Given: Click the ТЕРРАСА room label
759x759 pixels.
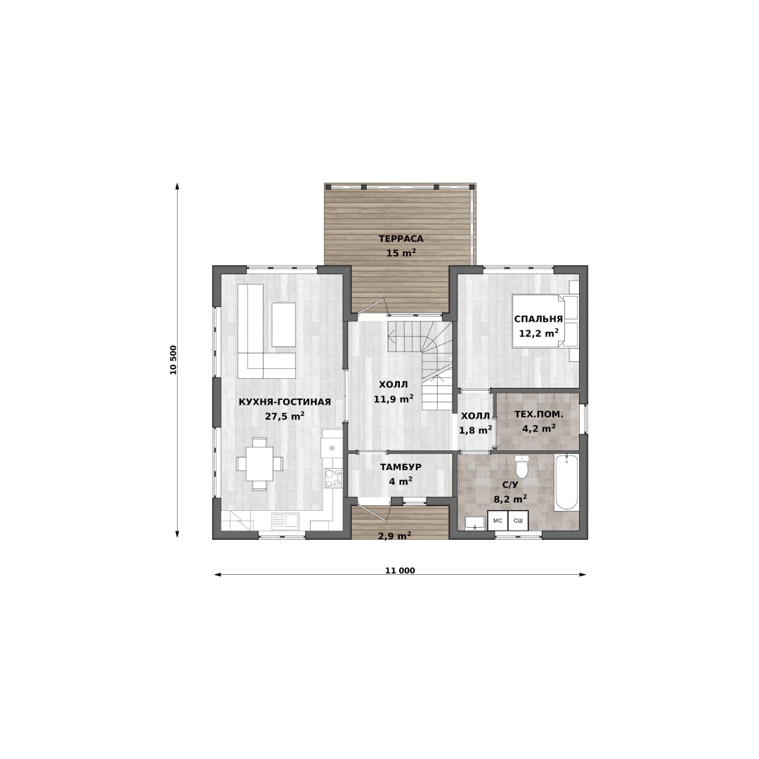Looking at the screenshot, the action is point(401,239).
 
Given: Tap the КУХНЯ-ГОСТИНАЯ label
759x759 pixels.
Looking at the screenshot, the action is point(285,402).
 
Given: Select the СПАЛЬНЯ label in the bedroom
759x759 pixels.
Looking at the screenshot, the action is point(538,319).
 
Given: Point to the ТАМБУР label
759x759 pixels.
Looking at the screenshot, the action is point(401,467).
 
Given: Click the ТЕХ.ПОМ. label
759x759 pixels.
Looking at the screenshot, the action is point(539,415).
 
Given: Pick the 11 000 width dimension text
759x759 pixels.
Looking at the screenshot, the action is point(400,570).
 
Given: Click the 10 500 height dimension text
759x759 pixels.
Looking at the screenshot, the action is point(174,360).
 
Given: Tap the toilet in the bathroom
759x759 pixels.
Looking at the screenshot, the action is point(521,467).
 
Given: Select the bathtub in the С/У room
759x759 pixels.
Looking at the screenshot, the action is point(566,481).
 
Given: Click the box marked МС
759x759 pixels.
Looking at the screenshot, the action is point(498,521).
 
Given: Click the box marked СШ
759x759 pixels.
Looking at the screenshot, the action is point(518,521).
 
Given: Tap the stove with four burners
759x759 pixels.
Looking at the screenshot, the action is point(333,479).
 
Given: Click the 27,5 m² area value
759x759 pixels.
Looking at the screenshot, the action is point(285,416).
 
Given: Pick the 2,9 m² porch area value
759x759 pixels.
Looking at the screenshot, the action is point(394,536).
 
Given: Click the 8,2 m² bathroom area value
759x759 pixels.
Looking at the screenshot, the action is point(510,498).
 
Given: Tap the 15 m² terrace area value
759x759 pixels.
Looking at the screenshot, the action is point(401,253).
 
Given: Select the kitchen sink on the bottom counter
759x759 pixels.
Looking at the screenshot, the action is point(285,520).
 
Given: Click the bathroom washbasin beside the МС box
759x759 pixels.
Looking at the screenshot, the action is point(474,523).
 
